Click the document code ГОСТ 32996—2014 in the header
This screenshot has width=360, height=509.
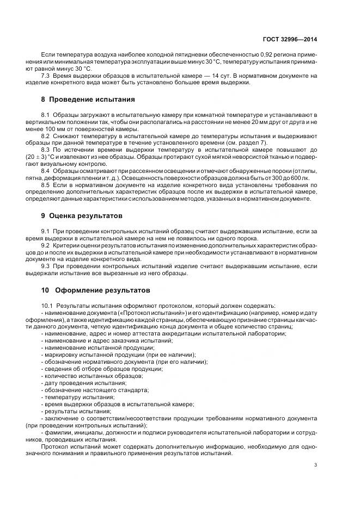tap(291, 39)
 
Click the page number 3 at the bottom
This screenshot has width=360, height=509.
tap(316, 465)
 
